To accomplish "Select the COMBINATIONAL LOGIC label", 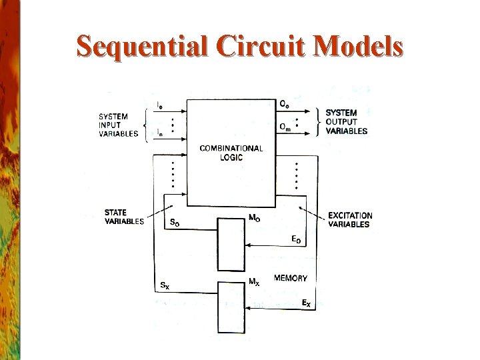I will tap(231, 153).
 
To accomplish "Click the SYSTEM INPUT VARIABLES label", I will tap(118, 125).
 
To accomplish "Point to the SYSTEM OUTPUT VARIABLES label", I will tap(346, 122).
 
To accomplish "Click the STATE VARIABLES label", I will tap(124, 217).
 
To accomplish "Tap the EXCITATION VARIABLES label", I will tap(350, 220).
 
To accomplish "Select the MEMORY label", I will tap(291, 278).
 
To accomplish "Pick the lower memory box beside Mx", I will tap(231, 307).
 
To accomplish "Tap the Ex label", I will tap(305, 304).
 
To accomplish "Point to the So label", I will tap(175, 223).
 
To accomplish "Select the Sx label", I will tap(165, 286).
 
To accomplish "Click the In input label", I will tap(159, 133).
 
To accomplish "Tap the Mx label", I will tap(254, 281).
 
